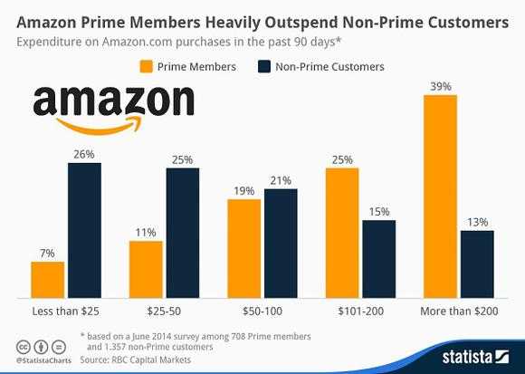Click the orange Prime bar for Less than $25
pyautogui.click(x=47, y=279)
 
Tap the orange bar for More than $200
pyautogui.click(x=440, y=197)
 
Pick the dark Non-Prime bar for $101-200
pyautogui.click(x=378, y=259)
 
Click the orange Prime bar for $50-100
pyautogui.click(x=244, y=248)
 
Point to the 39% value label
pyautogui.click(x=440, y=86)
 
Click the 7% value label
pyautogui.click(x=47, y=252)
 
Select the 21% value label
pyautogui.click(x=281, y=179)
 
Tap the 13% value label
pyautogui.click(x=477, y=221)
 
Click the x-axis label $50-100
pyautogui.click(x=262, y=312)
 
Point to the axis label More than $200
pyautogui.click(x=458, y=312)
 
